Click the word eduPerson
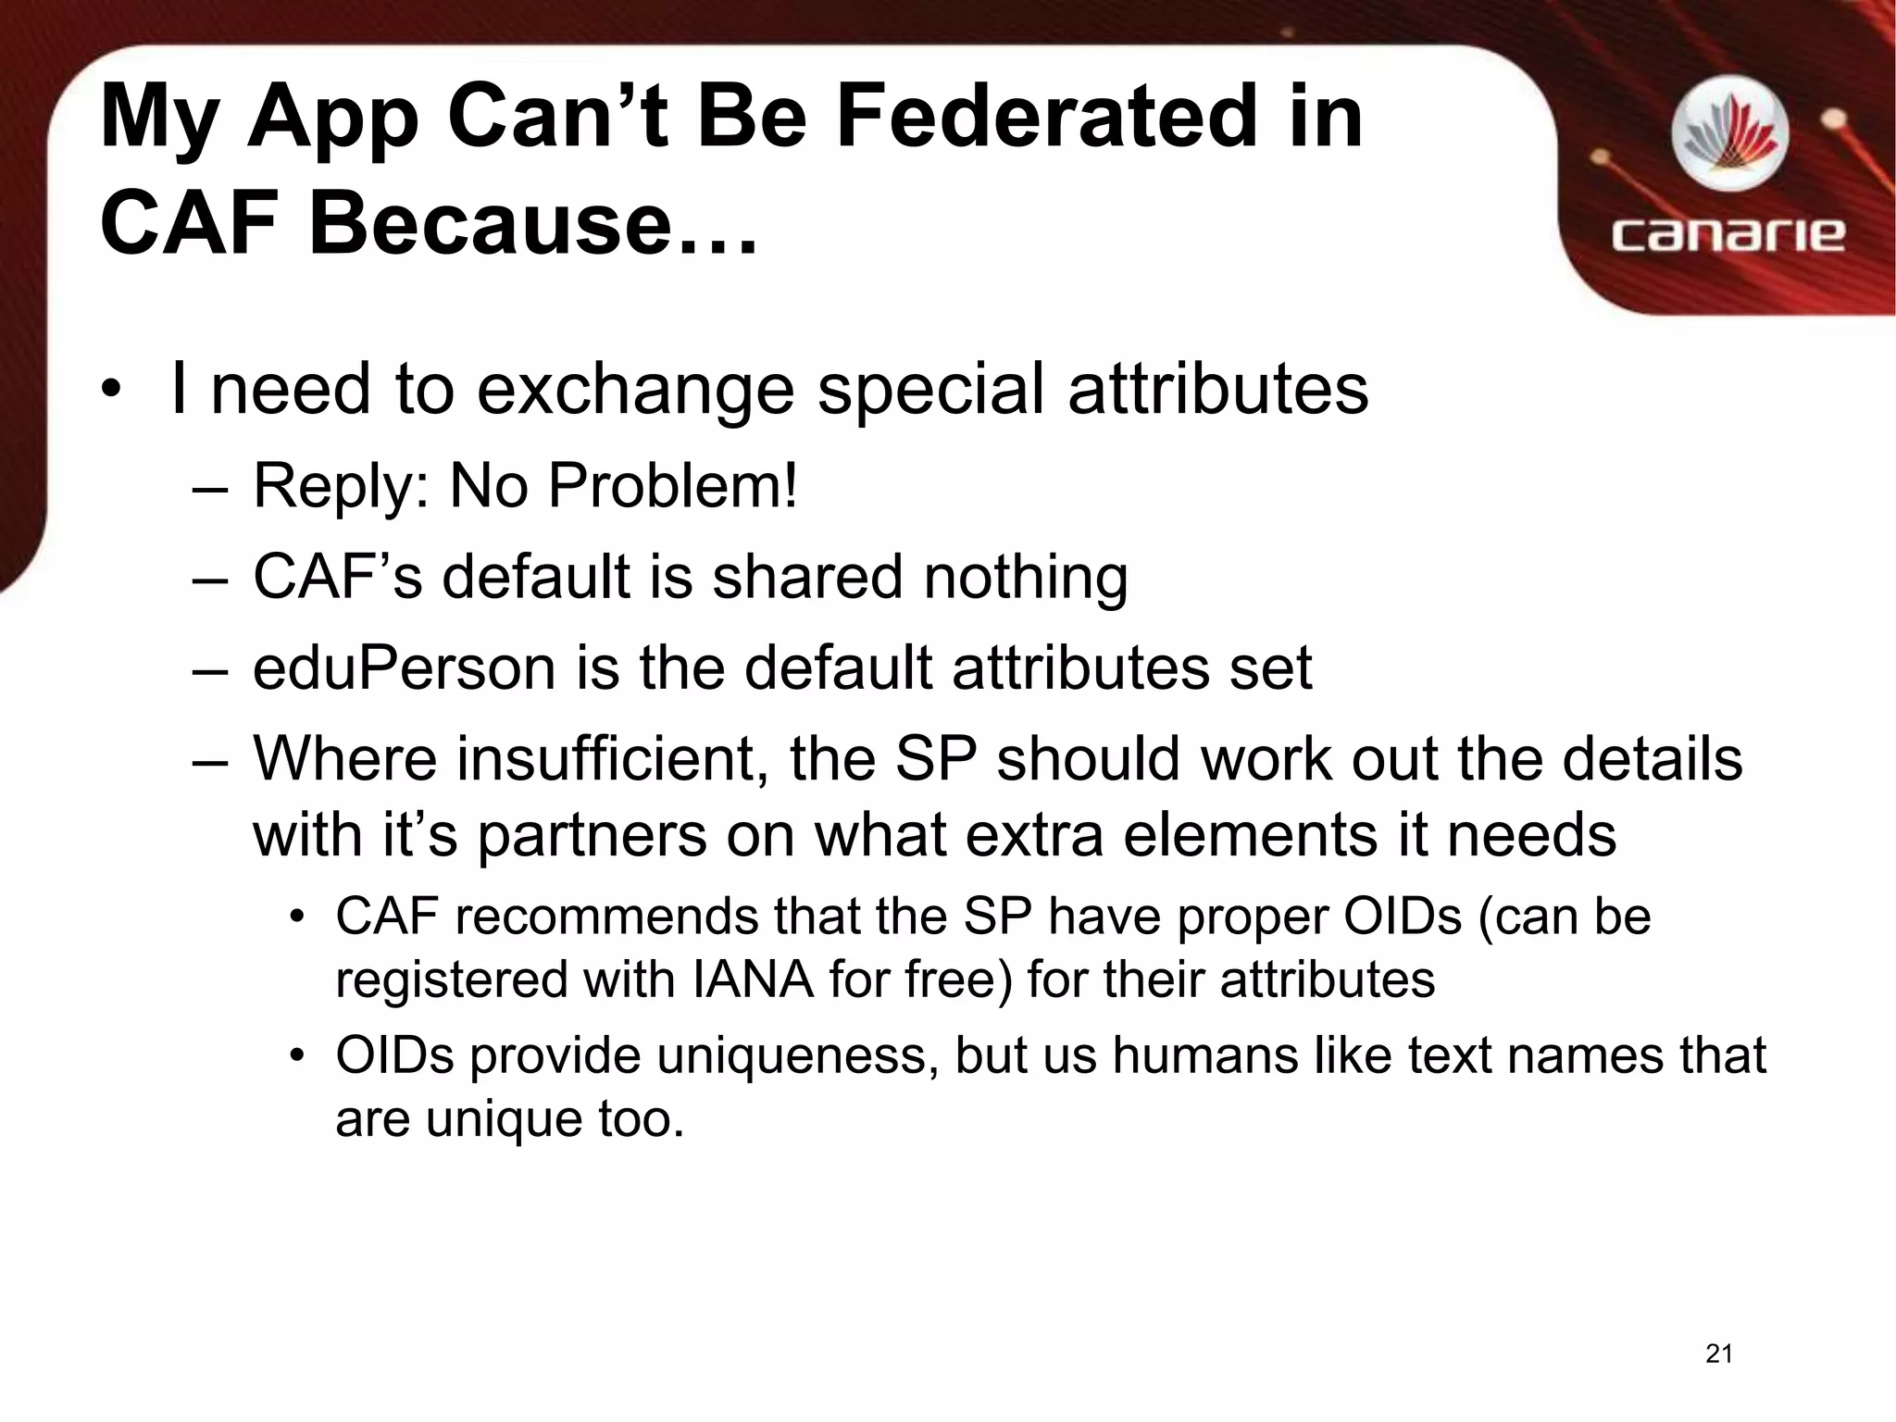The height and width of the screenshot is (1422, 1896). point(404,667)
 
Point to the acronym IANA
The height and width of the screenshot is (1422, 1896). point(752,980)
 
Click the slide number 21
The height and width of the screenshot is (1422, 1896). point(1718,1353)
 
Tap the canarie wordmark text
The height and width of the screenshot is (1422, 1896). point(1728,233)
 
